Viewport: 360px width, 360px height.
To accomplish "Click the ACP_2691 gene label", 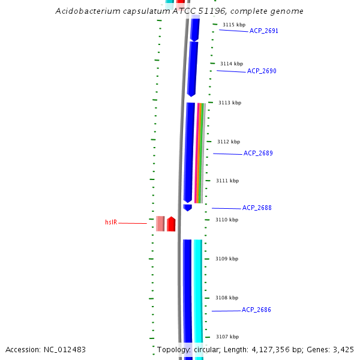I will (x=263, y=31).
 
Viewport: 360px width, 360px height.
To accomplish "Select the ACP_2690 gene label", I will (x=262, y=71).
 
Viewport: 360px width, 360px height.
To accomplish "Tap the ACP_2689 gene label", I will (x=258, y=153).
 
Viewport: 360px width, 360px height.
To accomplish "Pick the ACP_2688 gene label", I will (x=257, y=208).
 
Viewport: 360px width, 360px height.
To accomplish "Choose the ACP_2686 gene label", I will (x=256, y=310).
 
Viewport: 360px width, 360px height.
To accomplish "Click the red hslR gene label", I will (x=111, y=223).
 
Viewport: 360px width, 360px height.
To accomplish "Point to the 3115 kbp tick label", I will (x=233, y=25).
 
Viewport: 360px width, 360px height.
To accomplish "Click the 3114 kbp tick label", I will (x=232, y=64).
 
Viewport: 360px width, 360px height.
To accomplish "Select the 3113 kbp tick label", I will (x=229, y=103).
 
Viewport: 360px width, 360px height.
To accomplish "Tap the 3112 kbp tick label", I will (x=228, y=142).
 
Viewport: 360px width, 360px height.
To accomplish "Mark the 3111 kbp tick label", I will (x=227, y=181).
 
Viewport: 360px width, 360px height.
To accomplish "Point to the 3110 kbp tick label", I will (x=227, y=220).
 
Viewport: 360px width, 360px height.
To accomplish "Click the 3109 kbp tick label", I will (x=227, y=259).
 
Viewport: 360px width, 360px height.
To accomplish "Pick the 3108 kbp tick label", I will (x=227, y=298).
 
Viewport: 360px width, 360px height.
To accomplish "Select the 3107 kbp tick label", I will (x=227, y=337).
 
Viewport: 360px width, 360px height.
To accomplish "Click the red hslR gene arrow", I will (x=171, y=224).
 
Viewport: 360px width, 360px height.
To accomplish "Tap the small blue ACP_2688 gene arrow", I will (x=188, y=208).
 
